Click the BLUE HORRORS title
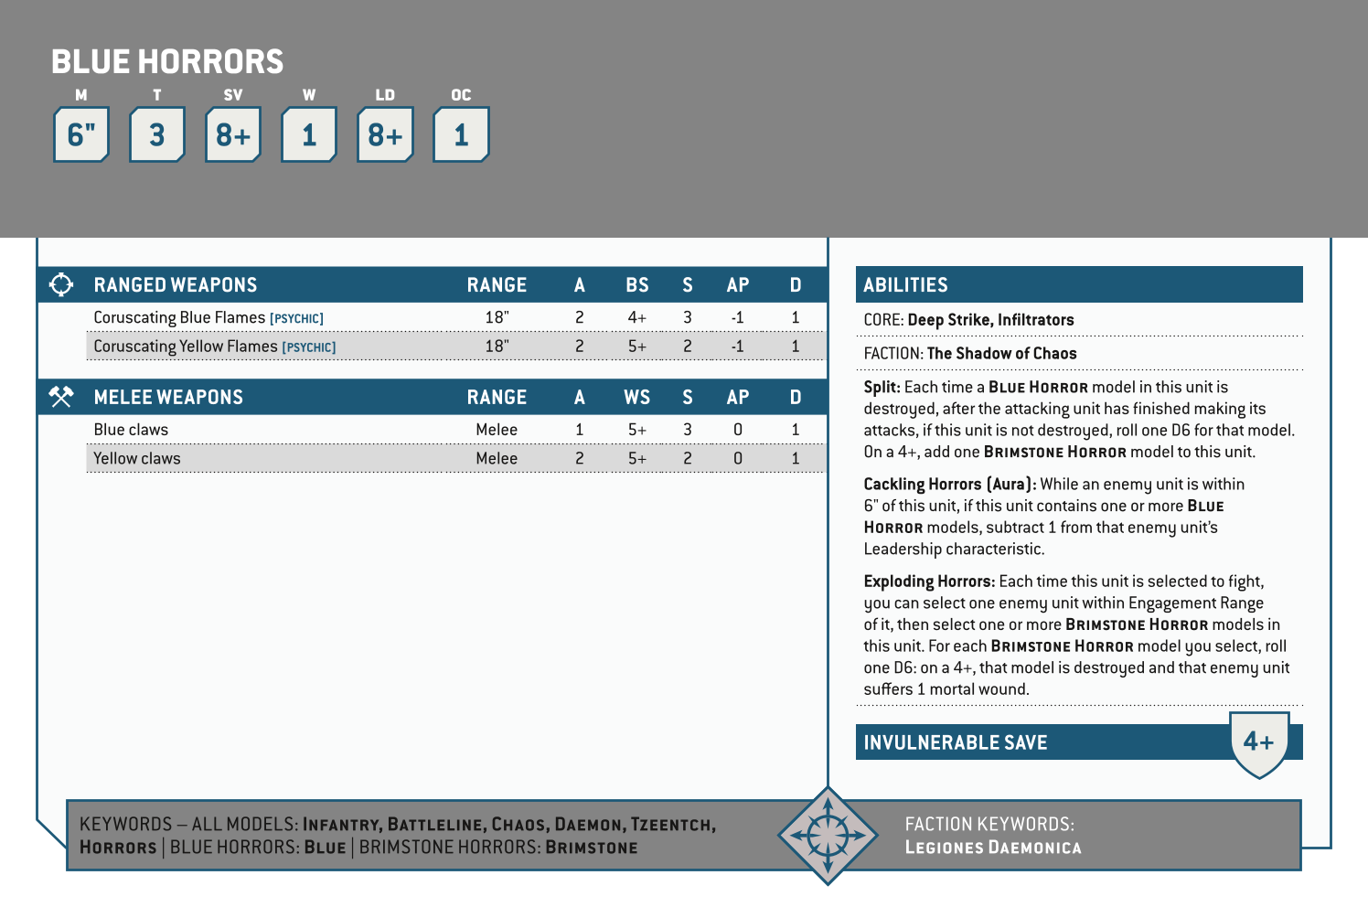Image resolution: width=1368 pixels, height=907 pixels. point(167,61)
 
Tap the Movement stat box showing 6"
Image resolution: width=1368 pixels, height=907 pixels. point(81,135)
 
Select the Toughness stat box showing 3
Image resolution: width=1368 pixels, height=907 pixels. point(157,135)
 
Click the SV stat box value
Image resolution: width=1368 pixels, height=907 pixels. point(233,135)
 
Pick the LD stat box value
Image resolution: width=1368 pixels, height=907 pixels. point(385,135)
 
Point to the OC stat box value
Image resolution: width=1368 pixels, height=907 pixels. point(461,135)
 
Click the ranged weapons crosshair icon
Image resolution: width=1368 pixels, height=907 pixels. point(61,284)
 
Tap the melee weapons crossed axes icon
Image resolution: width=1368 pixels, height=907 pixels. point(61,397)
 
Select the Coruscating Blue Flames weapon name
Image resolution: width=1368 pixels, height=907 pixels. point(179,317)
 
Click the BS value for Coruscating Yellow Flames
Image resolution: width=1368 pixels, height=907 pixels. point(637,347)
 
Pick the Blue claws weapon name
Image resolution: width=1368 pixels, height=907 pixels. point(131,430)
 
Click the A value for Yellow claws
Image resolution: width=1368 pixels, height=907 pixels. point(579,458)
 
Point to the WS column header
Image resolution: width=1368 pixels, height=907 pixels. point(637,397)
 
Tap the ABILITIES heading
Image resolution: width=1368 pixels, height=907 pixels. point(905,285)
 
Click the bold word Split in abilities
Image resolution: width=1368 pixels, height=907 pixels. point(882,387)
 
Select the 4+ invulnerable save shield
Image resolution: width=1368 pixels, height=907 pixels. point(1259,742)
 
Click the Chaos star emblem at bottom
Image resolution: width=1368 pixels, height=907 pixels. point(828,835)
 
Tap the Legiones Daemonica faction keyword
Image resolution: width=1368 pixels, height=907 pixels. point(993,848)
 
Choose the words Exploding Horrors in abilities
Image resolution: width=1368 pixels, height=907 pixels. point(928,582)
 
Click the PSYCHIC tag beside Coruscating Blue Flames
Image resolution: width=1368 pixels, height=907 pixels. point(296,319)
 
